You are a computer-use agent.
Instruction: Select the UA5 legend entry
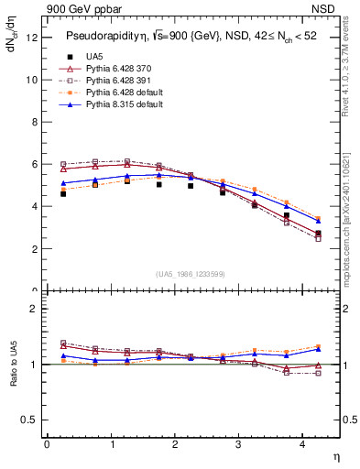(94, 57)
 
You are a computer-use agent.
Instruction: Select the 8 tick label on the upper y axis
(34, 122)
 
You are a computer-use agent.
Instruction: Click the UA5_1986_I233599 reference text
(191, 275)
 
